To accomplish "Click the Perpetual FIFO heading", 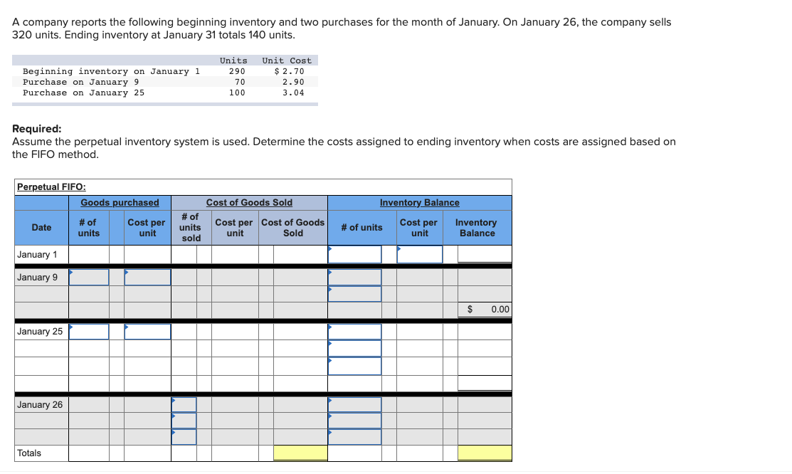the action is [x=51, y=187].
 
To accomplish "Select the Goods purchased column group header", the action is [x=120, y=203].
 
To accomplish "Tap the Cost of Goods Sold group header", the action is [x=249, y=203].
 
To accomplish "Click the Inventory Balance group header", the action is [x=419, y=203].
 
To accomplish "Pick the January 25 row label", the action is [x=40, y=332].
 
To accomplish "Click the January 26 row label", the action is [x=40, y=405].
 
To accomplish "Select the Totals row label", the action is [x=29, y=453].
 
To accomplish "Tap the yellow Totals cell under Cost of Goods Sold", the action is [x=300, y=453].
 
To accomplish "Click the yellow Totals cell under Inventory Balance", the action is [x=485, y=453].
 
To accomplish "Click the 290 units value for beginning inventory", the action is [x=237, y=71].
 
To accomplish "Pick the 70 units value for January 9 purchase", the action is [x=240, y=82].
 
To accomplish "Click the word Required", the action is [x=36, y=130].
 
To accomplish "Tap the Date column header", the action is [x=41, y=228].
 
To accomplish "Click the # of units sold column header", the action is [x=191, y=228].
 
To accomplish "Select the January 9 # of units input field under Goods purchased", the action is [x=89, y=278].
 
